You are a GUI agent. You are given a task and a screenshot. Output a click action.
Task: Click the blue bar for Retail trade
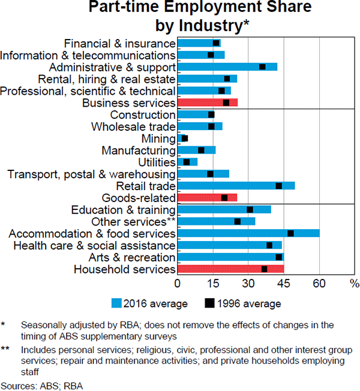pyautogui.click(x=236, y=186)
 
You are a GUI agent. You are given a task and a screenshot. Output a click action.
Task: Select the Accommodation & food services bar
pyautogui.click(x=249, y=233)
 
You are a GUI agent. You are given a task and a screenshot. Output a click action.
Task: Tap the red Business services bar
pyautogui.click(x=208, y=103)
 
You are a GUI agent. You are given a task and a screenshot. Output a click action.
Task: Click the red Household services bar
pyautogui.click(x=231, y=269)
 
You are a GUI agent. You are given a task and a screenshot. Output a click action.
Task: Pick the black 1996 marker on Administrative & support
pyautogui.click(x=262, y=67)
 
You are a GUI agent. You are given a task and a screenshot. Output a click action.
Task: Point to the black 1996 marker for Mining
pyautogui.click(x=185, y=139)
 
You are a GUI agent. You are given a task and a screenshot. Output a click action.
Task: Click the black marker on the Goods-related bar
pyautogui.click(x=224, y=198)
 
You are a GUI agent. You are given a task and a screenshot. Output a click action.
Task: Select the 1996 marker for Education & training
pyautogui.click(x=250, y=209)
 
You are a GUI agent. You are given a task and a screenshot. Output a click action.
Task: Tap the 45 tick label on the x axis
pyautogui.click(x=284, y=283)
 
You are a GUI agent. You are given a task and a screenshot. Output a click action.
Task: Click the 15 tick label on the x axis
pyautogui.click(x=214, y=283)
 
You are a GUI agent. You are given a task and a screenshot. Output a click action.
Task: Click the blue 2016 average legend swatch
pyautogui.click(x=116, y=303)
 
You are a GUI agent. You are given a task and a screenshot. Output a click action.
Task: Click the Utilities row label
pyautogui.click(x=155, y=162)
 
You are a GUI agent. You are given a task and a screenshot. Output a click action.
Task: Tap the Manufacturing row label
pyautogui.click(x=139, y=151)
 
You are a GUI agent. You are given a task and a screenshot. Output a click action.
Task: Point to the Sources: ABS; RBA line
pyautogui.click(x=42, y=384)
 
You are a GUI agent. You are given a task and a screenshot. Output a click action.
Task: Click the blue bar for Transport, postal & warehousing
pyautogui.click(x=203, y=174)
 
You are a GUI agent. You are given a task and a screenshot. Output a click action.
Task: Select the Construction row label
pyautogui.click(x=143, y=115)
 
